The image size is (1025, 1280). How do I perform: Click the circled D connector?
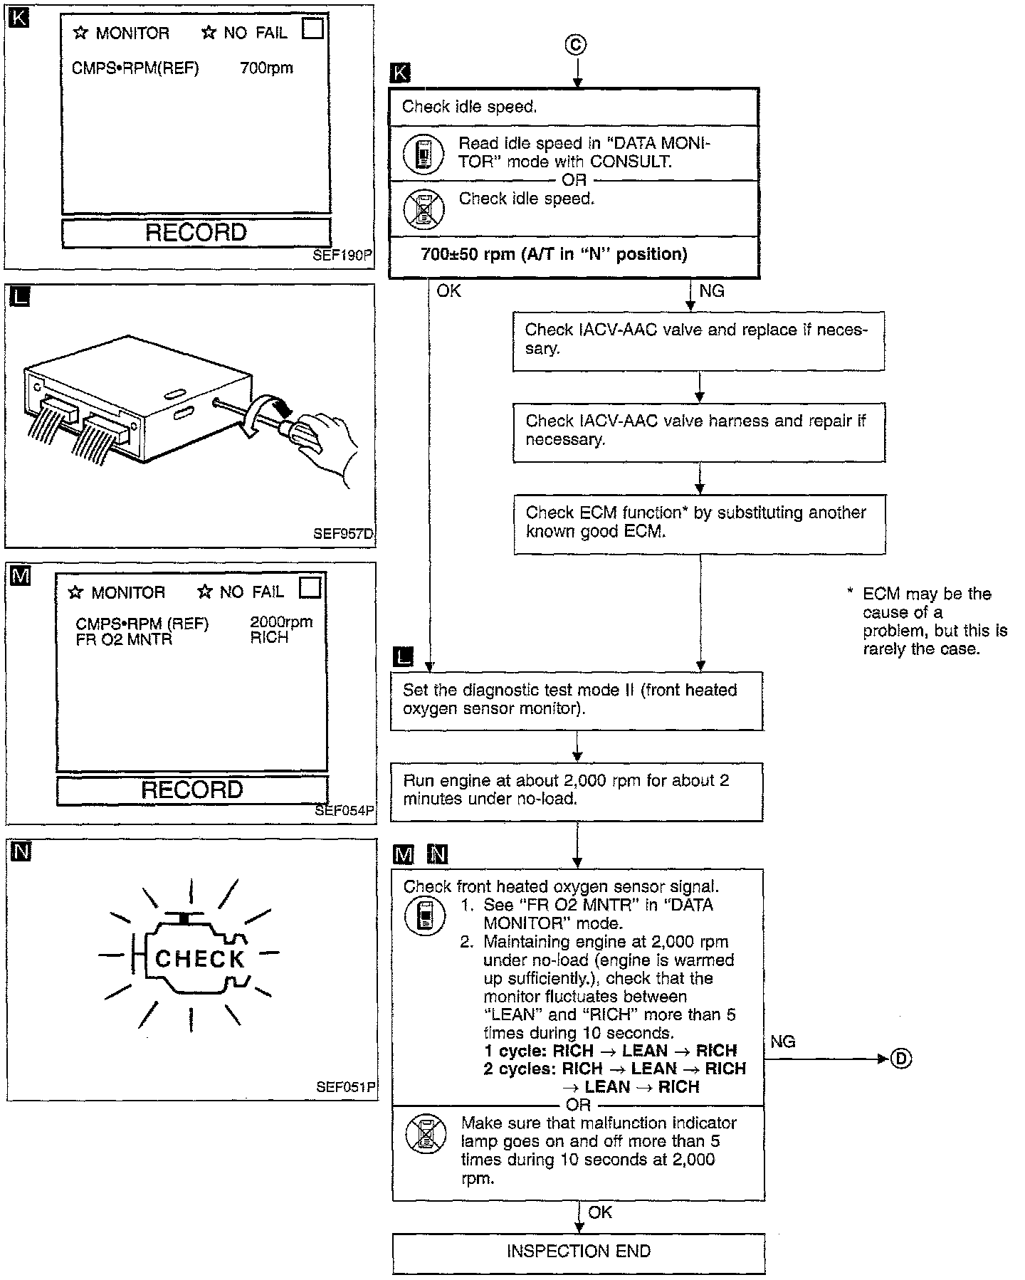[x=901, y=1059]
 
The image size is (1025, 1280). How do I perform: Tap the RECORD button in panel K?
[x=196, y=233]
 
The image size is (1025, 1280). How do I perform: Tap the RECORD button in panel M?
[x=192, y=790]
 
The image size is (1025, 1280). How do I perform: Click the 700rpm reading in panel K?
[x=267, y=68]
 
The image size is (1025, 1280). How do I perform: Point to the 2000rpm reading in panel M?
[x=281, y=622]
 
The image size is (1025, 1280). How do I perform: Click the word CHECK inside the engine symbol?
[x=200, y=959]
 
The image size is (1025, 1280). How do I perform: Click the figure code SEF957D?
[x=343, y=533]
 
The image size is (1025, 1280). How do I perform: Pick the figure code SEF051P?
[x=346, y=1087]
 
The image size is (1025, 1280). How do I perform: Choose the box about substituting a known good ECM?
[x=700, y=525]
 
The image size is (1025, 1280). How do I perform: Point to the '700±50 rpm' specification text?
[x=554, y=254]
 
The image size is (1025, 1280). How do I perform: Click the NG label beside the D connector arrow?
[x=783, y=1042]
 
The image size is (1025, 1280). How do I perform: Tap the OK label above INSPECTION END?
[x=600, y=1212]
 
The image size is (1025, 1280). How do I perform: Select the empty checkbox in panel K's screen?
[x=313, y=28]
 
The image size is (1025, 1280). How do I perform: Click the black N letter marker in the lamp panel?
[x=21, y=851]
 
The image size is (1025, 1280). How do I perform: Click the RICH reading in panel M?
[x=269, y=638]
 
